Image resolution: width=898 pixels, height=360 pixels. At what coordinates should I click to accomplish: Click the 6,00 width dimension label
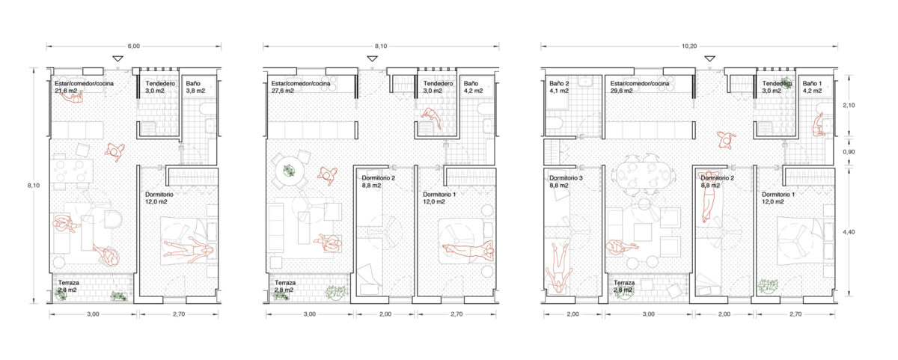[x=133, y=46]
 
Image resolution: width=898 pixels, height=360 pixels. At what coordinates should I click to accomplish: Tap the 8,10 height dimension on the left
[x=34, y=185]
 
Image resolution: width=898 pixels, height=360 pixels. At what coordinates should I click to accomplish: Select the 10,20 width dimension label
[x=689, y=46]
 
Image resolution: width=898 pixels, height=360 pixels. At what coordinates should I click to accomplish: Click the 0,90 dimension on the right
[x=849, y=152]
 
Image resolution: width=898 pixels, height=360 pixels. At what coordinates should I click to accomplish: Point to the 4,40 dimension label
[x=849, y=232]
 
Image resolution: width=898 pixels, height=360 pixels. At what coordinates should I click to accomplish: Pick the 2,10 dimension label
[x=849, y=106]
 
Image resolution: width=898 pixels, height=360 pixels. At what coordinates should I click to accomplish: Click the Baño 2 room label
[x=559, y=83]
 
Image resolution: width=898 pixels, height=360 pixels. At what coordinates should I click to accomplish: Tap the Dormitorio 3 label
[x=566, y=178]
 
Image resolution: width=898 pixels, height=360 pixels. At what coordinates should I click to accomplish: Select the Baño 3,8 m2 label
[x=195, y=87]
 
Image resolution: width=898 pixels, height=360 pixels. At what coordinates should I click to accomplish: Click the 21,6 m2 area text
[x=66, y=91]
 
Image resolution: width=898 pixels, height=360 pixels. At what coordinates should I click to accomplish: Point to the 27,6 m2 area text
[x=283, y=91]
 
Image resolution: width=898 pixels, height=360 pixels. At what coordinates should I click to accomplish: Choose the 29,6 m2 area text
[x=621, y=91]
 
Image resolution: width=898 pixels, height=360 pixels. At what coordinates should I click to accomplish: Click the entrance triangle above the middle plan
[x=373, y=58]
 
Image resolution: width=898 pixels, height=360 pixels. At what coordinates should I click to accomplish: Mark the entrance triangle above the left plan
[x=117, y=58]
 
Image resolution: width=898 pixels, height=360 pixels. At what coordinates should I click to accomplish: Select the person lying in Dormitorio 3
[x=558, y=269]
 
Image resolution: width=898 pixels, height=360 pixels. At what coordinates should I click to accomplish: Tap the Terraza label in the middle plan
[x=285, y=283]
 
